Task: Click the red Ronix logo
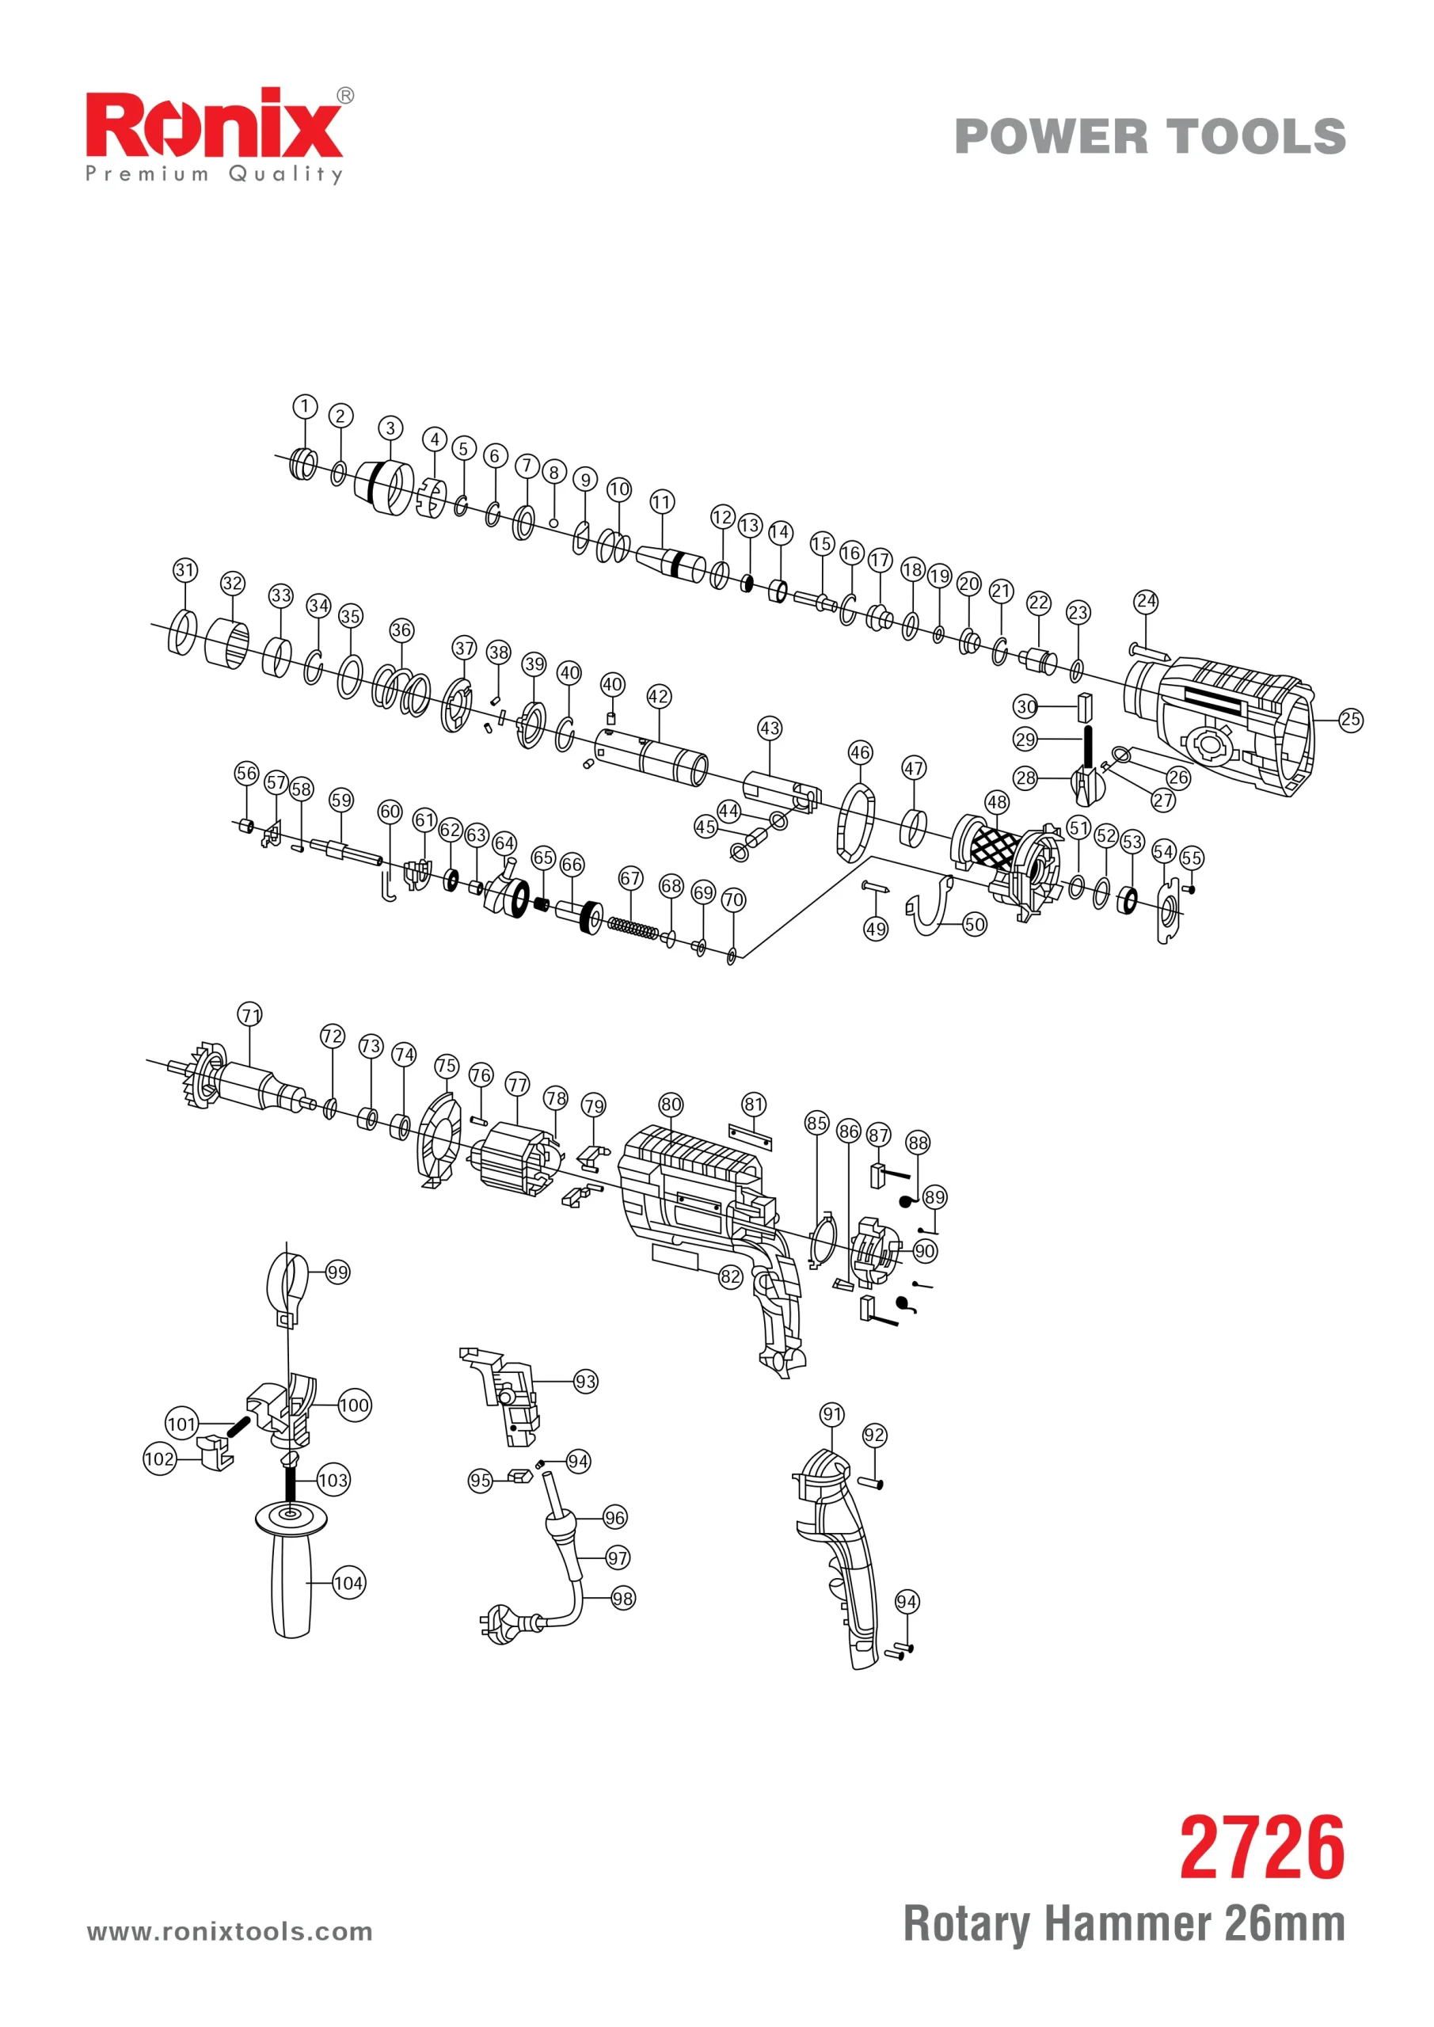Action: (214, 125)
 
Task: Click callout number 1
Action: (305, 406)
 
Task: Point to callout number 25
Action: (1350, 720)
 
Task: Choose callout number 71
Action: (251, 1014)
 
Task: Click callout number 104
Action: (348, 1583)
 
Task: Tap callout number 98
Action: (622, 1598)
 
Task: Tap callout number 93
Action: (585, 1382)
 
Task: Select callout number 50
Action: (974, 924)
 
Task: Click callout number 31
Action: (184, 569)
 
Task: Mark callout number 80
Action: (671, 1105)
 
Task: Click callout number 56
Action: (246, 774)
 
